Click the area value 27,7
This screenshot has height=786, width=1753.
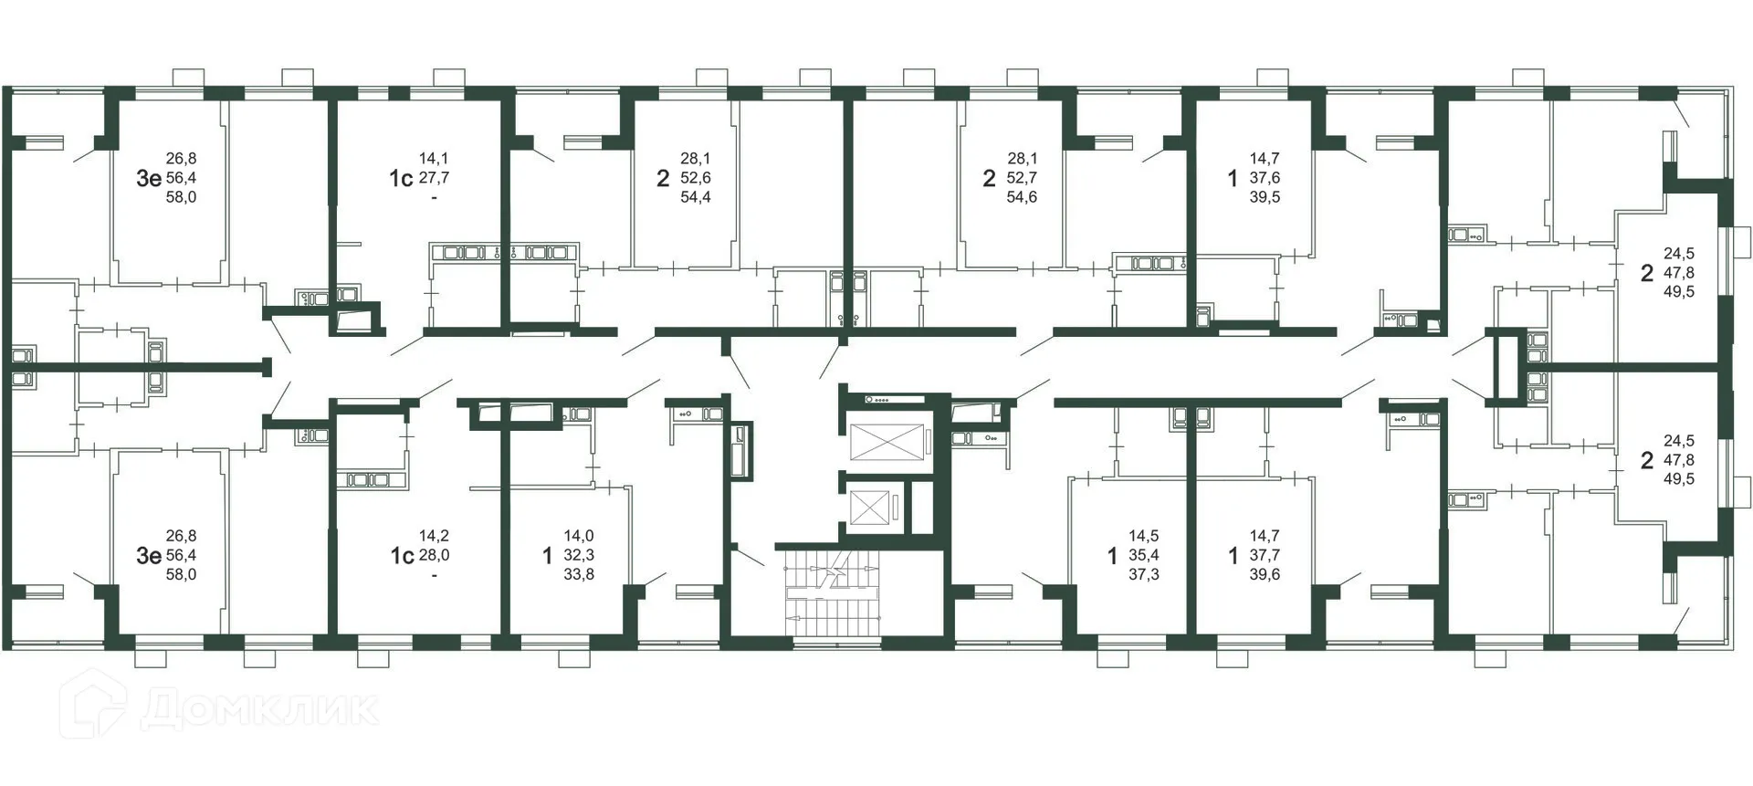click(434, 178)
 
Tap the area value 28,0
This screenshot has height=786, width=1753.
click(434, 555)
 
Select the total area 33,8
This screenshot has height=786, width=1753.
click(579, 574)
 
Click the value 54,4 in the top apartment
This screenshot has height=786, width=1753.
click(696, 197)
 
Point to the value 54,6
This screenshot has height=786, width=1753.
click(1022, 197)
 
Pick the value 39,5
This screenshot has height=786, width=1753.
click(1265, 197)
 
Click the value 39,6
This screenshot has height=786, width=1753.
click(1265, 574)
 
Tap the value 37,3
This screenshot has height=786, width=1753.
click(1144, 574)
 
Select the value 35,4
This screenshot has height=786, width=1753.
click(1144, 555)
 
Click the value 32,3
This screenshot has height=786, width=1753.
click(579, 555)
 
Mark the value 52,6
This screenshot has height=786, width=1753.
click(696, 178)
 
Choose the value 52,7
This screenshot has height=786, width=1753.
click(1022, 178)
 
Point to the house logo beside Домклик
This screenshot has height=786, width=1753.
click(94, 705)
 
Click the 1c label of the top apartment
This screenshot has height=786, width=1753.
click(401, 178)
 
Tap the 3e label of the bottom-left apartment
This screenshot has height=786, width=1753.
click(148, 555)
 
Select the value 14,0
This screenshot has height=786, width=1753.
click(579, 536)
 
